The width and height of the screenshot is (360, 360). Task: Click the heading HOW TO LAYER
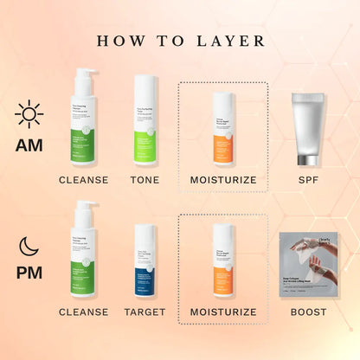tap(180, 41)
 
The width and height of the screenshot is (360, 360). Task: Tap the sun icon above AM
tap(29, 113)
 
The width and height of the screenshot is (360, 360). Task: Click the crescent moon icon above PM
tap(29, 246)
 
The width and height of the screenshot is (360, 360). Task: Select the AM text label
tap(29, 144)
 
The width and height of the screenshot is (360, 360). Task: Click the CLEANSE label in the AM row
tap(84, 180)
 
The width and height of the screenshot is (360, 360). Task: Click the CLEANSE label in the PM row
tap(84, 312)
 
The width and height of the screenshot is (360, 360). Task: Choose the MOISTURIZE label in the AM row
tap(223, 180)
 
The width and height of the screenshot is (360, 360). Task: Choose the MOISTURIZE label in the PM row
tap(223, 312)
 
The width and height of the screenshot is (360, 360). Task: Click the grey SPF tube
tap(309, 127)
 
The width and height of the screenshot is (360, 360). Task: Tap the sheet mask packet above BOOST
tap(309, 262)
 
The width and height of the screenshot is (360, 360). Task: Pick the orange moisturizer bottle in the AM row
tap(222, 129)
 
